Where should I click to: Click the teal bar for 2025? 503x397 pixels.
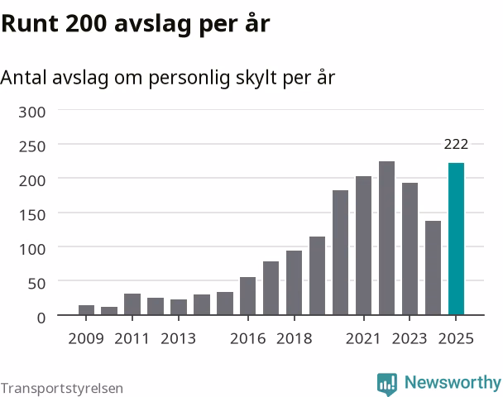pyautogui.click(x=456, y=239)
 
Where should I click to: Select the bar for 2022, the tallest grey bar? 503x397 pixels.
pyautogui.click(x=386, y=238)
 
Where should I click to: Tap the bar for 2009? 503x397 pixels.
pyautogui.click(x=86, y=310)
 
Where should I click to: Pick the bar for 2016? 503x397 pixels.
pyautogui.click(x=248, y=296)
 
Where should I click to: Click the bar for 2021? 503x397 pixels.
pyautogui.click(x=363, y=246)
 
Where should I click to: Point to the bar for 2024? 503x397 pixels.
pyautogui.click(x=433, y=268)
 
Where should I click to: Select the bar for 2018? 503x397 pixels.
pyautogui.click(x=295, y=283)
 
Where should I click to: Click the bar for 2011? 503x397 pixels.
pyautogui.click(x=132, y=304)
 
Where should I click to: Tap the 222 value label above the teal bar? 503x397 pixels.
pyautogui.click(x=456, y=145)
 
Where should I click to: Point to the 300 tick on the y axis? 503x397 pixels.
pyautogui.click(x=32, y=112)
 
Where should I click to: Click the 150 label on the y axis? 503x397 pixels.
pyautogui.click(x=32, y=215)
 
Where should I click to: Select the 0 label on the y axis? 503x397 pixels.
pyautogui.click(x=41, y=318)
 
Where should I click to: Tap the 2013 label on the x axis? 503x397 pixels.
pyautogui.click(x=178, y=338)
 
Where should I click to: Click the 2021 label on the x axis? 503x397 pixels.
pyautogui.click(x=363, y=338)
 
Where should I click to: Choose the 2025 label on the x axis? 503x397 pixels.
pyautogui.click(x=456, y=338)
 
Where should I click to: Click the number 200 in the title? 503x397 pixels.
pyautogui.click(x=86, y=24)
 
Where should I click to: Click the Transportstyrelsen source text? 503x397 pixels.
pyautogui.click(x=62, y=389)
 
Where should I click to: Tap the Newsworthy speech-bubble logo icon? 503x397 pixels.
pyautogui.click(x=387, y=384)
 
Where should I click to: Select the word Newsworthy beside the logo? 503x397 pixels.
pyautogui.click(x=453, y=382)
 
